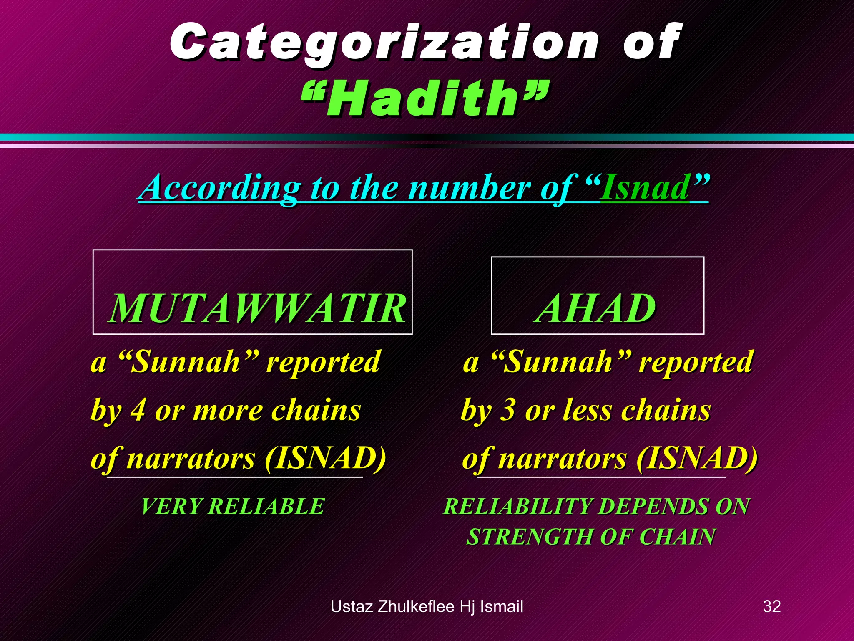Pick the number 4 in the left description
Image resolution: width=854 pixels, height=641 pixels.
[x=138, y=410]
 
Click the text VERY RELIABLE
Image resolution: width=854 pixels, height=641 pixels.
[x=233, y=507]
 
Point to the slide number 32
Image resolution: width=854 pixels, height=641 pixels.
[x=771, y=606]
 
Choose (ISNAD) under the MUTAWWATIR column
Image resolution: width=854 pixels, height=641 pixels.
[x=325, y=458]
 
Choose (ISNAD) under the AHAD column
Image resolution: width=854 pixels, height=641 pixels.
[x=696, y=458]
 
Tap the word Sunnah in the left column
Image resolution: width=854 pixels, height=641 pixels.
[x=186, y=362]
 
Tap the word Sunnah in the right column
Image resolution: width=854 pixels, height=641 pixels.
[x=558, y=362]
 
